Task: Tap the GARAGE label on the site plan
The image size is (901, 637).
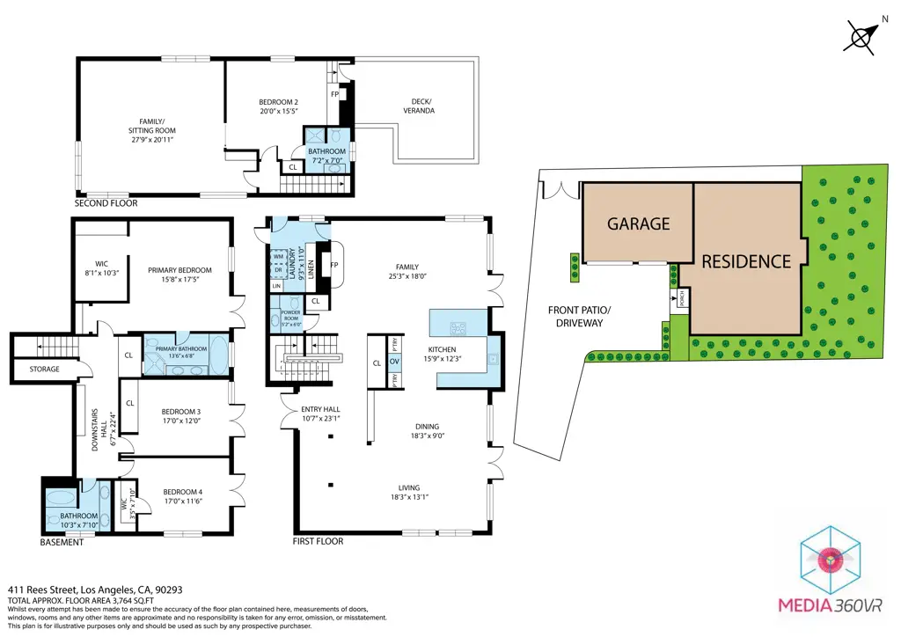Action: (x=638, y=223)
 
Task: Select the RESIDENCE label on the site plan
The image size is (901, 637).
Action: (x=745, y=261)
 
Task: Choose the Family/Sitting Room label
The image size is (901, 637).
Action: (x=151, y=131)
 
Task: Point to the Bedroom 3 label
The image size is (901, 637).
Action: (x=180, y=412)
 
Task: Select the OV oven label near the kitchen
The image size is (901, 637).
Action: (x=394, y=362)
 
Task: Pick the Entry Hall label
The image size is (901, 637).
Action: (x=320, y=414)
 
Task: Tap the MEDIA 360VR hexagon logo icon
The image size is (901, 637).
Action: (x=831, y=559)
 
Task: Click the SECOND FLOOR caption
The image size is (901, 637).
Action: (x=106, y=203)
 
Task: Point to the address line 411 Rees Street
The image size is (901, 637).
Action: (x=95, y=589)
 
